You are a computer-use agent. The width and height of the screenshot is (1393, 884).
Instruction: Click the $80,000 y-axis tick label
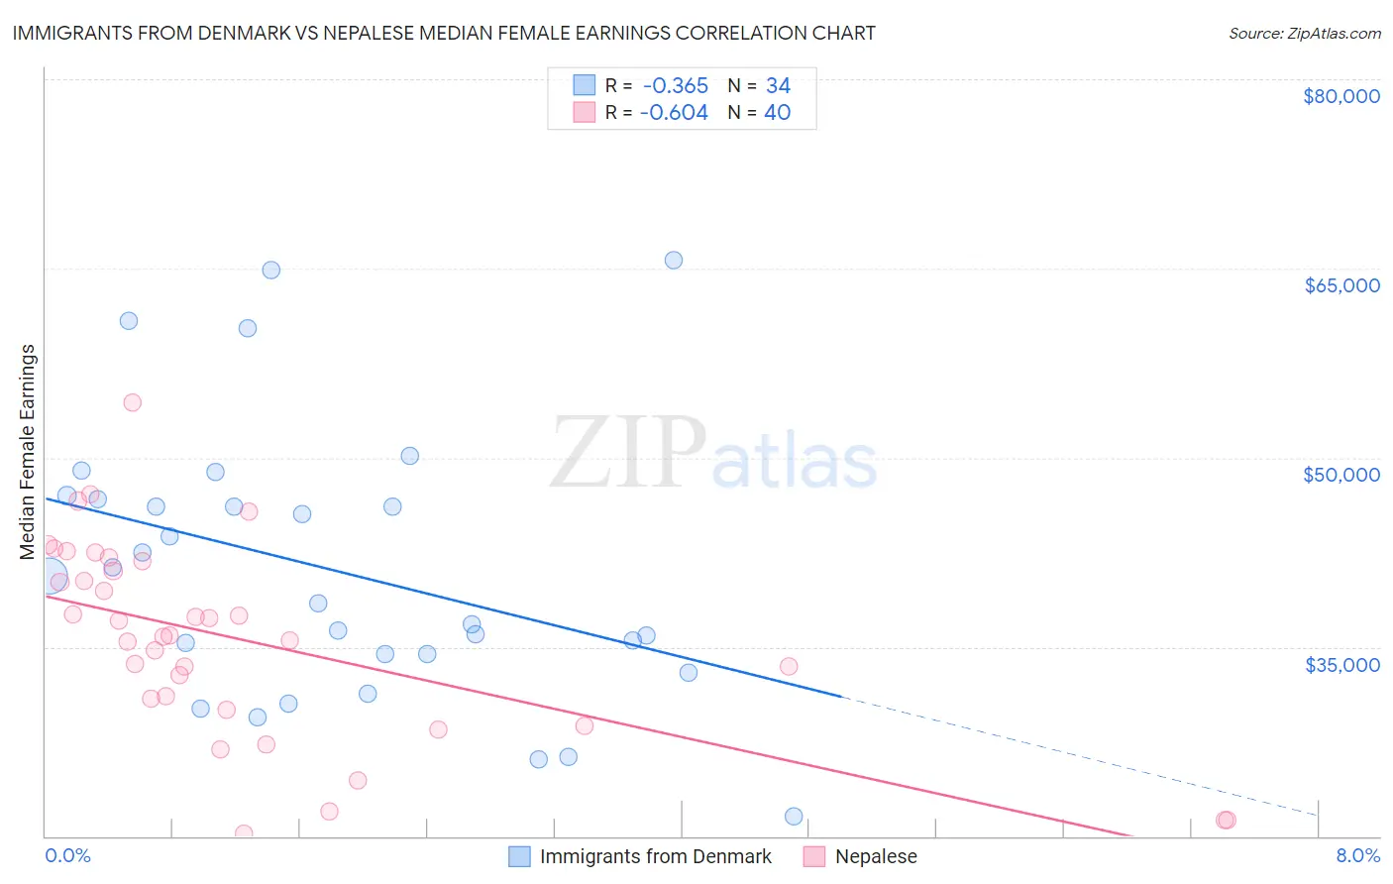click(1340, 96)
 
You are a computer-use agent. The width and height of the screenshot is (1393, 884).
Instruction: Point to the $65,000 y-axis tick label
click(1341, 285)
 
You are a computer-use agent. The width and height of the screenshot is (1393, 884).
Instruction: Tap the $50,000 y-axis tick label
click(1340, 475)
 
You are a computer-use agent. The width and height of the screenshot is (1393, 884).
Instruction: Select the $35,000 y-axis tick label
click(1341, 664)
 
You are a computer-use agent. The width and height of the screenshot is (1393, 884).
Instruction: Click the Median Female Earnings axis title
click(28, 452)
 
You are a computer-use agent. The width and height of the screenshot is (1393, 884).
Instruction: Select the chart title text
click(444, 33)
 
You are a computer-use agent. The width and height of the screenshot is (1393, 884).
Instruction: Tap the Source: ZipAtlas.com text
click(1304, 33)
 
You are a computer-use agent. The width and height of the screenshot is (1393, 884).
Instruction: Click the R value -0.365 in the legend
click(675, 86)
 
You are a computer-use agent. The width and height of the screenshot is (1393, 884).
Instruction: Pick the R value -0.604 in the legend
click(674, 113)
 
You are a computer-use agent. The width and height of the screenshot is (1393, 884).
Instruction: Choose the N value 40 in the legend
click(777, 113)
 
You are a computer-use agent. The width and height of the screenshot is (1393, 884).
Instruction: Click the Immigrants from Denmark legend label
click(655, 856)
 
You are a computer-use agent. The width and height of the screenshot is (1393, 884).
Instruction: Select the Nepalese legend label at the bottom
click(876, 856)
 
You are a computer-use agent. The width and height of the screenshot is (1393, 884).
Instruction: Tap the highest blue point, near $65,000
click(674, 261)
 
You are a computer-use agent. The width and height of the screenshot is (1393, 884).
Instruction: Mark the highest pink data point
click(133, 402)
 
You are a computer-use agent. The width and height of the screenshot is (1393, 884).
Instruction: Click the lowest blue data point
click(794, 817)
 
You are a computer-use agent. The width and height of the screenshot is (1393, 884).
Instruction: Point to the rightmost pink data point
click(1226, 820)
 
